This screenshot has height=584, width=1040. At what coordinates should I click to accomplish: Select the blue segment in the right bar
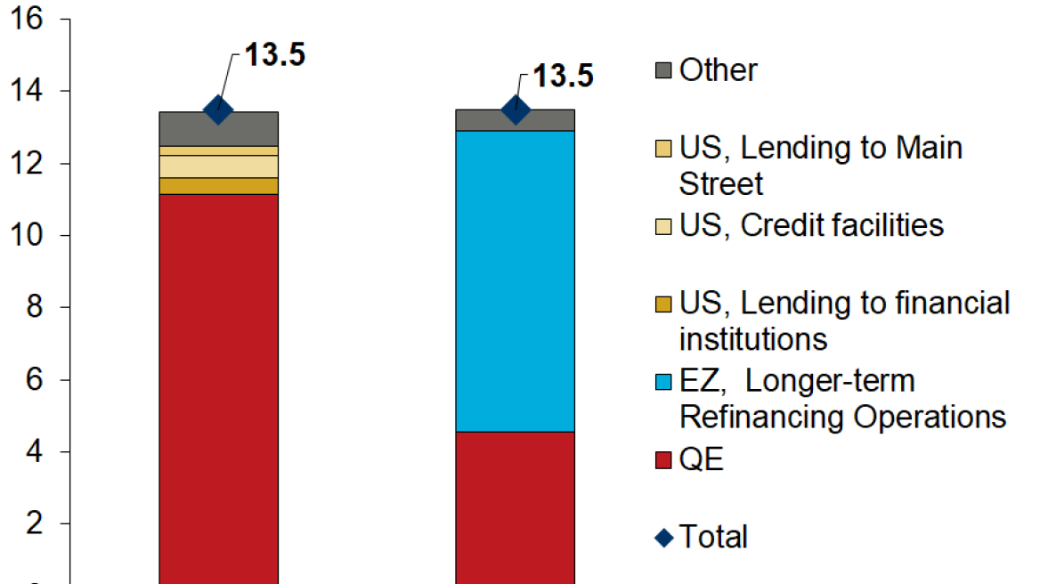tap(515, 280)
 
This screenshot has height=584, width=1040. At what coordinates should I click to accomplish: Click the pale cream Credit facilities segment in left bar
tap(218, 166)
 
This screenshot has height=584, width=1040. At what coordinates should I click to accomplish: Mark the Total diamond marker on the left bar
tap(218, 110)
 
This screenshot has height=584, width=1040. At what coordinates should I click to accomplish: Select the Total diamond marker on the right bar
tap(516, 110)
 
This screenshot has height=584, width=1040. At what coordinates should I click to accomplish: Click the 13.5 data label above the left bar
tap(275, 55)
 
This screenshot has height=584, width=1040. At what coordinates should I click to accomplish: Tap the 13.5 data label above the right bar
tap(563, 76)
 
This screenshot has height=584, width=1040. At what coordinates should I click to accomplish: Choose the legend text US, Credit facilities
tap(811, 225)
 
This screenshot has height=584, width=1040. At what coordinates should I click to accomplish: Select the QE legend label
tap(702, 460)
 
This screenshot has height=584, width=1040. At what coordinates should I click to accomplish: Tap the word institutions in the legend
tap(753, 339)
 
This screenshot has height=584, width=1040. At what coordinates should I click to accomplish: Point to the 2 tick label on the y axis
tap(34, 524)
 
